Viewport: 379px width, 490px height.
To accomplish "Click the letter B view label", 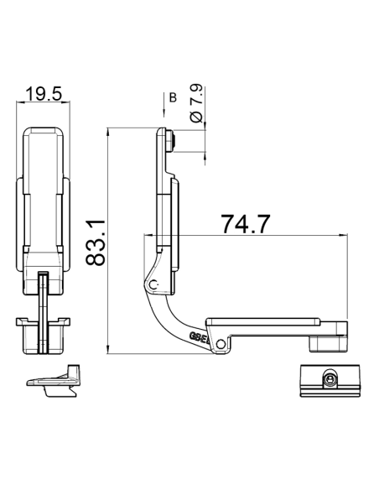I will coord(173,98).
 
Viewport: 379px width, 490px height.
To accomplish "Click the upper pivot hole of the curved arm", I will coord(153,285).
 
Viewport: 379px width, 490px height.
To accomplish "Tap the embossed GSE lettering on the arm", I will coord(200,336).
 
